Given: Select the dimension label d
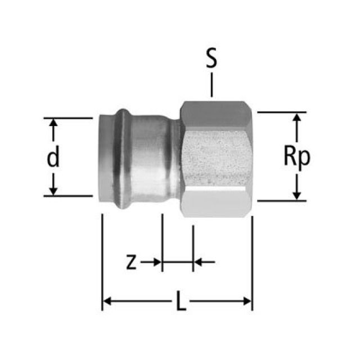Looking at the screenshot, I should tap(53, 159).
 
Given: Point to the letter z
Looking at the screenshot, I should tap(130, 262).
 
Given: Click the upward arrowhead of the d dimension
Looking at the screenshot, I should tap(53, 123).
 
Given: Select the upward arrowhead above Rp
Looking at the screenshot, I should tap(296, 118).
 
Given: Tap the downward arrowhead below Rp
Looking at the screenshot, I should tap(296, 195).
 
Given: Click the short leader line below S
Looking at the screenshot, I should tap(211, 87).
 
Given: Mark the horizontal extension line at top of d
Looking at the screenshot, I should tap(67, 118).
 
